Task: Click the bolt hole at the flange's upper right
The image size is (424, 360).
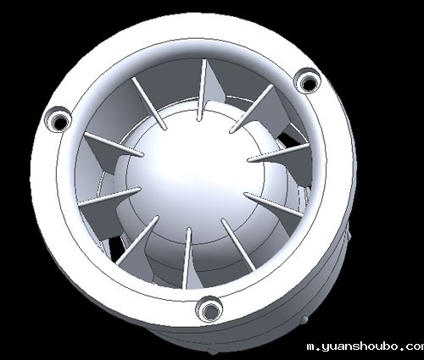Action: click(307, 81)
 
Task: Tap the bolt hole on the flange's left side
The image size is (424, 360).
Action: click(59, 120)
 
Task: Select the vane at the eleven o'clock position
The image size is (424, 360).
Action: click(149, 103)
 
